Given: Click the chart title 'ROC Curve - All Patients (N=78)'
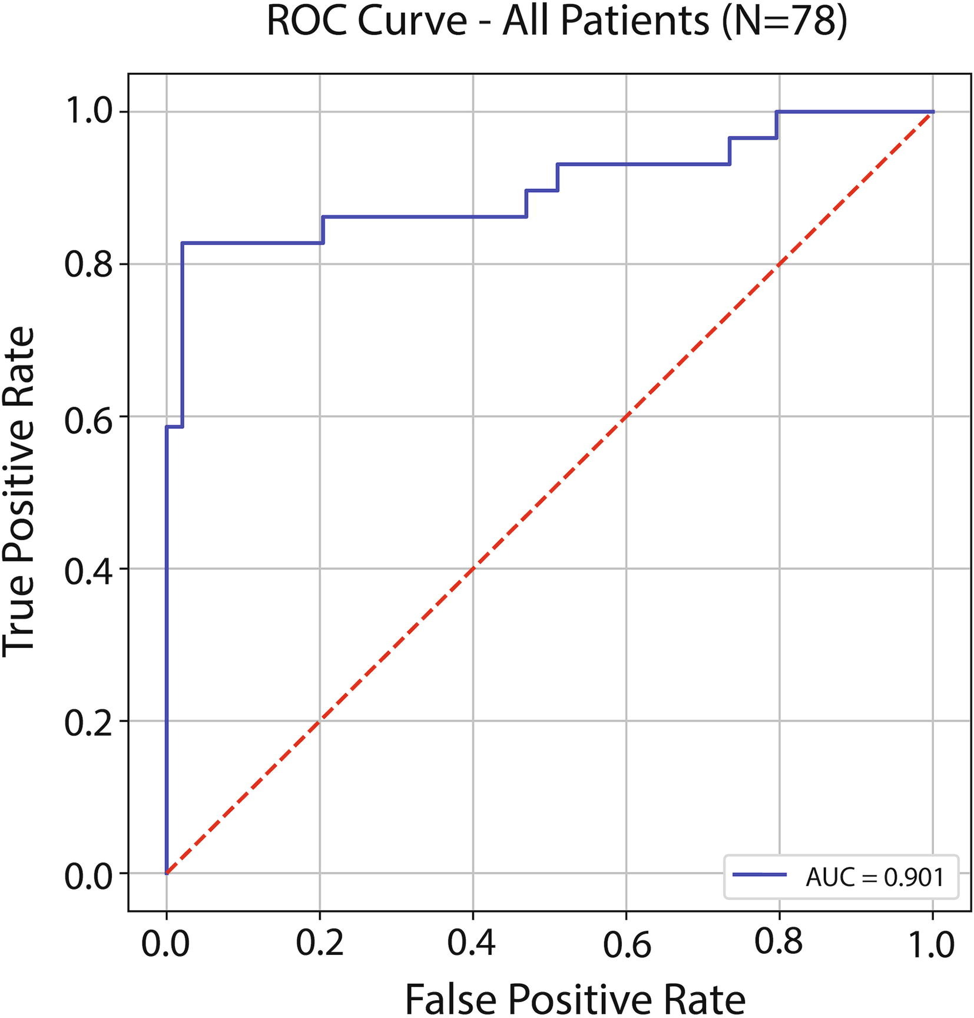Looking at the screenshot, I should (x=556, y=22).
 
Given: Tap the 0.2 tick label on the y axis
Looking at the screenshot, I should (x=88, y=722).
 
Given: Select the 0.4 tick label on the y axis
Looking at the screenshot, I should (x=88, y=569).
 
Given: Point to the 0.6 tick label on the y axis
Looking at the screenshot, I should (x=88, y=417).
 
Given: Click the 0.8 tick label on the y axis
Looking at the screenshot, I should (x=88, y=265).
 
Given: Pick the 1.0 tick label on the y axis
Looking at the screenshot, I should (x=88, y=112).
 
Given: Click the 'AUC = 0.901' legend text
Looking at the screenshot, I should (x=874, y=878).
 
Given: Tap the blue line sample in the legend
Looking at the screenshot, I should (x=760, y=875).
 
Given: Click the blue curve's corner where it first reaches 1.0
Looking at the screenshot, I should (x=777, y=111).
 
